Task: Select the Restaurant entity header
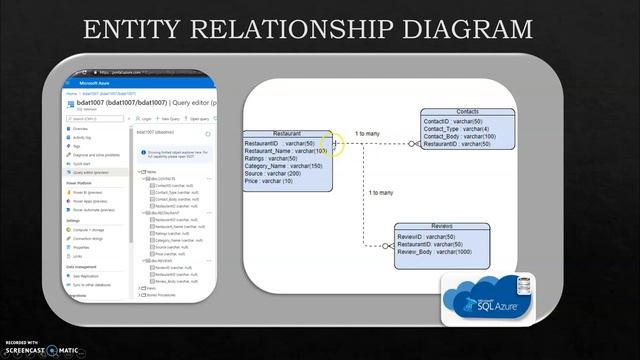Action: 287,133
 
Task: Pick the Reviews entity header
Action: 442,227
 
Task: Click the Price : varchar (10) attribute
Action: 269,182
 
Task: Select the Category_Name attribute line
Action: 282,166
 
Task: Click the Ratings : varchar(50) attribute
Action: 270,158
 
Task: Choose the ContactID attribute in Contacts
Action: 452,121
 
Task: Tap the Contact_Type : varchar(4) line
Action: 456,129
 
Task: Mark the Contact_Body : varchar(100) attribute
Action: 459,137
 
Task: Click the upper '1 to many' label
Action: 367,134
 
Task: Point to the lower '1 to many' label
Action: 380,192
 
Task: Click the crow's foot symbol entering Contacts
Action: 414,144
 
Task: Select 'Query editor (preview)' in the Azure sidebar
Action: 96,172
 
